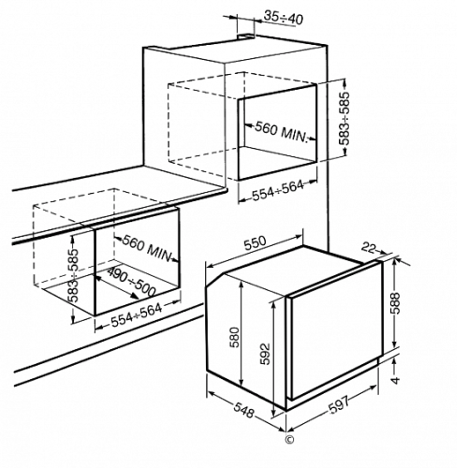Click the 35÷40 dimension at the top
tap(284, 18)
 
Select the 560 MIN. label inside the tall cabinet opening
tap(282, 132)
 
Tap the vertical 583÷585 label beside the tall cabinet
tap(344, 118)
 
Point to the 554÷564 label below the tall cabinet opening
tap(278, 190)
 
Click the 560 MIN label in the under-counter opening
tap(147, 249)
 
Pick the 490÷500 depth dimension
tap(131, 283)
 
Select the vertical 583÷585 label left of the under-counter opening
tap(74, 275)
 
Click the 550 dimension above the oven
tap(256, 243)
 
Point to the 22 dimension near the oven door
tap(368, 247)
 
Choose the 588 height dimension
tap(396, 303)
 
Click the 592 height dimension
tap(265, 354)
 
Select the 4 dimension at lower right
tap(395, 380)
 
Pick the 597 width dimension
tap(339, 405)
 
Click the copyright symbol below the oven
tap(289, 439)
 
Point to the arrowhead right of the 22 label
tap(382, 252)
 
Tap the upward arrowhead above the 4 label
tap(395, 362)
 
